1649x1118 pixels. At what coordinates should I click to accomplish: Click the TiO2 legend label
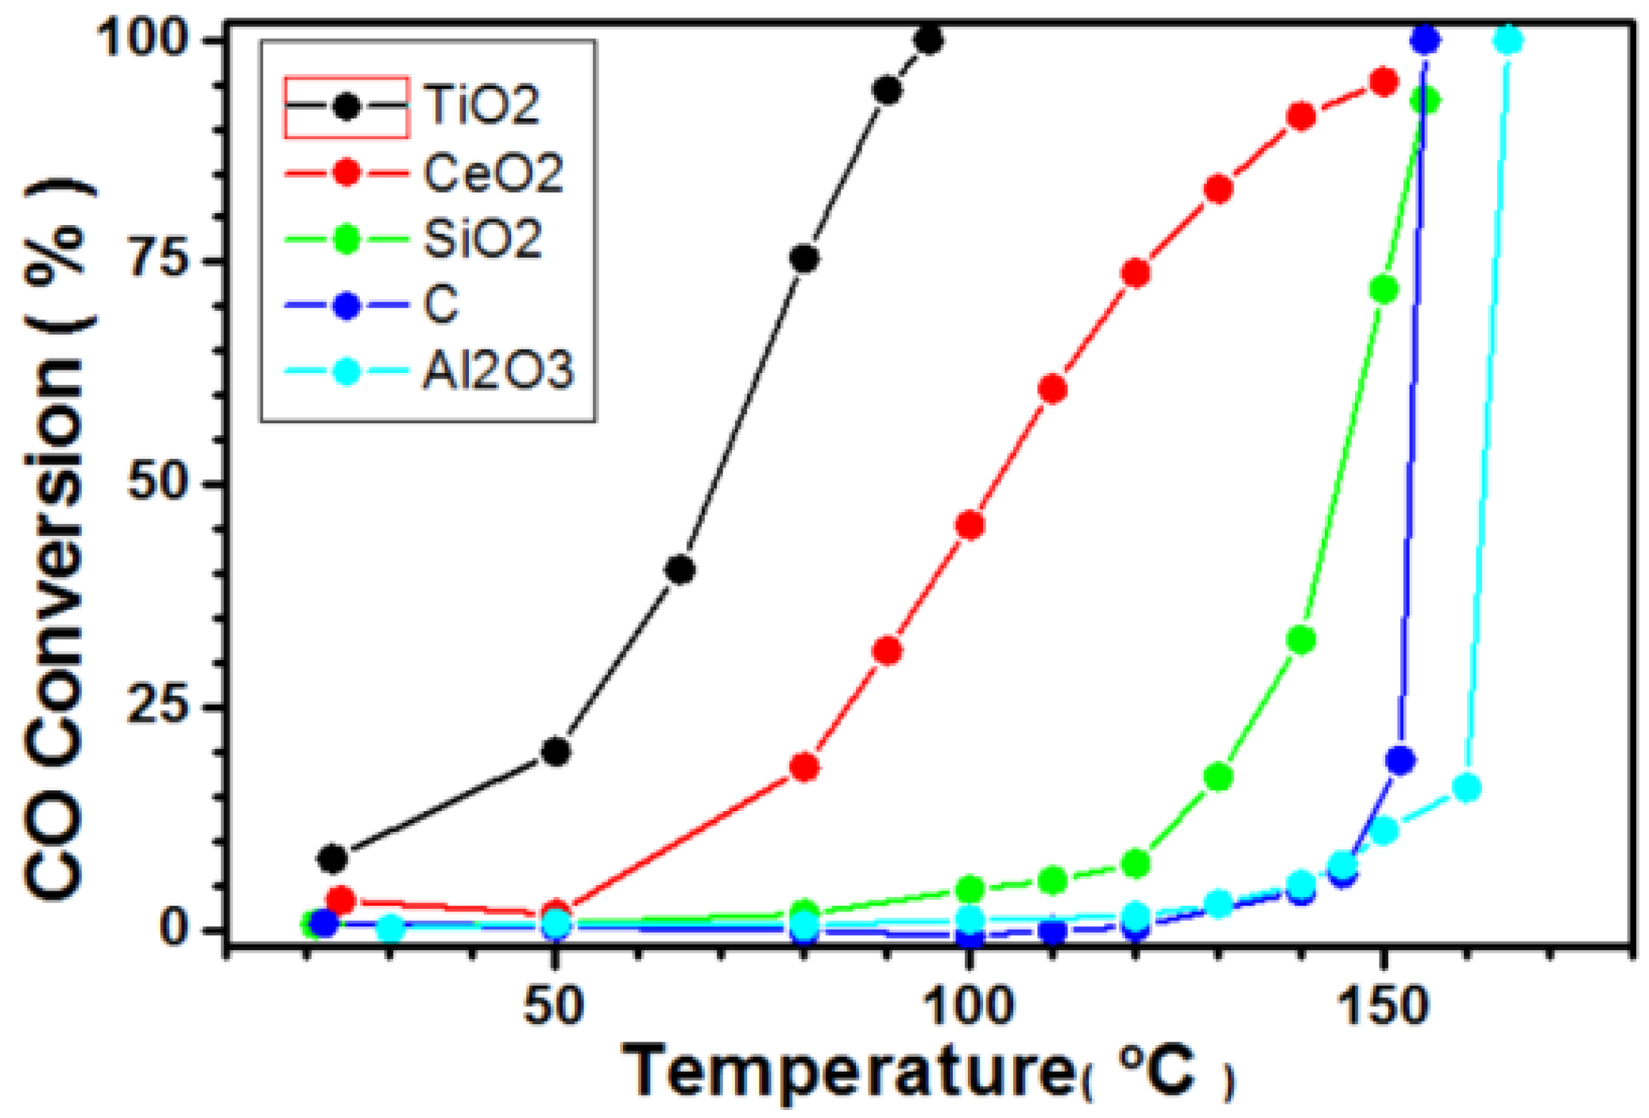click(482, 105)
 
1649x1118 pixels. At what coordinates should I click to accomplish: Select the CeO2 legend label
click(493, 173)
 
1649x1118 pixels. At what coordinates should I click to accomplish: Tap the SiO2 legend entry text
click(482, 239)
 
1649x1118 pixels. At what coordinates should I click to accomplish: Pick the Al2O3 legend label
click(497, 371)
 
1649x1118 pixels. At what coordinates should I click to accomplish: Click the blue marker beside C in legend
click(346, 306)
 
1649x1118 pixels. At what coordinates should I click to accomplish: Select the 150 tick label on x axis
click(1384, 1006)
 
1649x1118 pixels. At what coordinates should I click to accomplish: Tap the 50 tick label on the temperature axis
click(554, 1006)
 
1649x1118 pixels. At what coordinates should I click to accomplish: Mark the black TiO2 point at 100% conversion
click(929, 40)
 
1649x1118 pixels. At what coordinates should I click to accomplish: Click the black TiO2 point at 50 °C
click(555, 751)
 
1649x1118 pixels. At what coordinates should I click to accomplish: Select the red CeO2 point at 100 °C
click(970, 526)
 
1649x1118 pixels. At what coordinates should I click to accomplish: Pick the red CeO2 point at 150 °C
click(1384, 82)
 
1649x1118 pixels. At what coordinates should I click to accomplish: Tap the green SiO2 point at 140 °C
click(1301, 639)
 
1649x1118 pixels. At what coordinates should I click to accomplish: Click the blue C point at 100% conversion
click(1426, 40)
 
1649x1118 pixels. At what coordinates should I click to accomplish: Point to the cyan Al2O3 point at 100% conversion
click(1508, 40)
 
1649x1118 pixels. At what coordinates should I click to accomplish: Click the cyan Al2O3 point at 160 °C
click(1467, 788)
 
